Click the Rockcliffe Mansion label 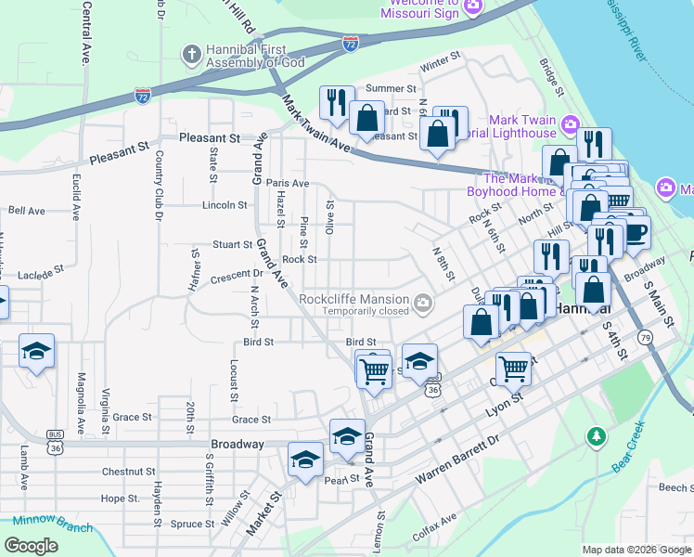coord(353,299)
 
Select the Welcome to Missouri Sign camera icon coord(473,7)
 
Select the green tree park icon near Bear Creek coord(596,435)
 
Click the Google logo coord(32,546)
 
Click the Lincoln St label coord(225,205)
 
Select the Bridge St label coord(553,79)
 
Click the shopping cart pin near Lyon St coord(513,368)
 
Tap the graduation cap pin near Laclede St coord(36,351)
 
